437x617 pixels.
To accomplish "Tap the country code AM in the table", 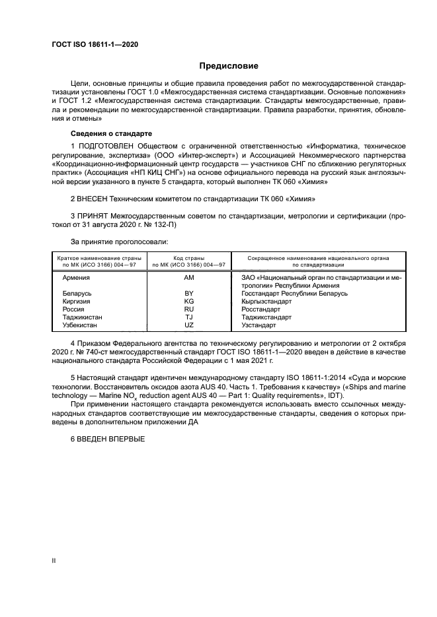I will coord(189,278).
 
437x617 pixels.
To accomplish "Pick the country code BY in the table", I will coord(189,293).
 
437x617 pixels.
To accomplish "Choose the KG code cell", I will coord(189,301).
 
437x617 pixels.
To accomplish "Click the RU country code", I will coord(189,309).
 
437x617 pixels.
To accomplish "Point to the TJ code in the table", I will coord(189,317).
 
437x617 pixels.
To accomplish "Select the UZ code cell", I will coord(189,325).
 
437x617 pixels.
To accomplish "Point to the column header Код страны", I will coord(189,258).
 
